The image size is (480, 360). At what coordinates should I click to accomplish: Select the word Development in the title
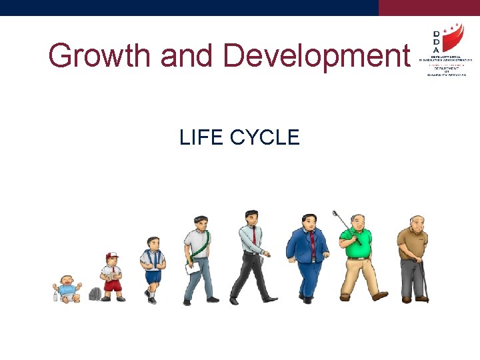(316, 56)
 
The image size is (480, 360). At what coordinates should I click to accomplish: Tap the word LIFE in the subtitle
(201, 137)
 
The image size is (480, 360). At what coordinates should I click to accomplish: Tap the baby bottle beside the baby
(55, 293)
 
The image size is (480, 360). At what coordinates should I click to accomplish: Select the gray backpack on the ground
(95, 294)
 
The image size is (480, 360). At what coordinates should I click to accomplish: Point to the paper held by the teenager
(194, 267)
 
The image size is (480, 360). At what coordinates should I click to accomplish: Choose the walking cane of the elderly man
(424, 280)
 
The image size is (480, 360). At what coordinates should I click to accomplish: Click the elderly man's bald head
(416, 219)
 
